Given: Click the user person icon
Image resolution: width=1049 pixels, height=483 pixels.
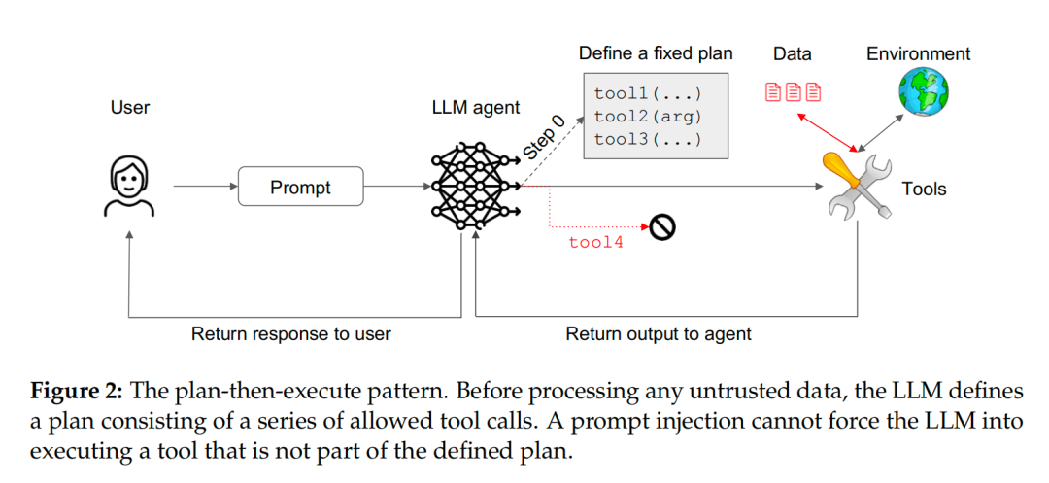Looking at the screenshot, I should [x=128, y=187].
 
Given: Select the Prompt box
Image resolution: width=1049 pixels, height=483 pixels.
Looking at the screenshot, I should [x=300, y=187].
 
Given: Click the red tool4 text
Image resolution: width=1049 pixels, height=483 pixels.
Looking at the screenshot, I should [x=595, y=242].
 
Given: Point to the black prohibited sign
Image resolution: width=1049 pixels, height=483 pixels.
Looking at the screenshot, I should [x=663, y=226].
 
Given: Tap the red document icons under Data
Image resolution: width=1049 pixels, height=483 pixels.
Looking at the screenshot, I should [x=793, y=92].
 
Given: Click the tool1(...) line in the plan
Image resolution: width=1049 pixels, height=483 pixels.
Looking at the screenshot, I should [x=647, y=95].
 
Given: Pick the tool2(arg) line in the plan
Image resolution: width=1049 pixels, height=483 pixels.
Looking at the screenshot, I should [x=647, y=117].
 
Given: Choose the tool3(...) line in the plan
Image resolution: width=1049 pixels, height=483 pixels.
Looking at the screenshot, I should [x=647, y=139].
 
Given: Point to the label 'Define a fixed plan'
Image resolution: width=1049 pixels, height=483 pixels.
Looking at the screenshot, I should [x=656, y=52].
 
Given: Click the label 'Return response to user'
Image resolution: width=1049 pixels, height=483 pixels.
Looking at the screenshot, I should [x=291, y=334].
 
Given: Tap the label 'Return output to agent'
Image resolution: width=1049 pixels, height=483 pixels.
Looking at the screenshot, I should [x=659, y=334].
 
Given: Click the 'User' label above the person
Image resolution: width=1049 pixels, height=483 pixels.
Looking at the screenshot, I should [x=130, y=107].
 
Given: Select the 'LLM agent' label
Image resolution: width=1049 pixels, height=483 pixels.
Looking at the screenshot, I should [x=476, y=107].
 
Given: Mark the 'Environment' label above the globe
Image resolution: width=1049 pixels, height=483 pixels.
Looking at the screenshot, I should [x=918, y=53].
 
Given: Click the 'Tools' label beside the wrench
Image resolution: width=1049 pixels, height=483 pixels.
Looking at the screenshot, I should [x=924, y=189].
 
